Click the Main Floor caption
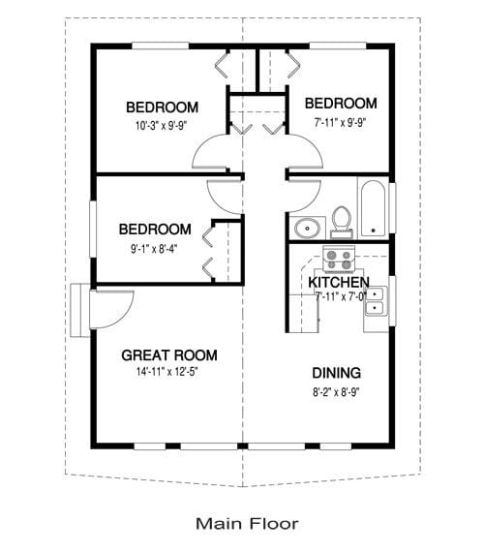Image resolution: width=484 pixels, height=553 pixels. (x=247, y=524)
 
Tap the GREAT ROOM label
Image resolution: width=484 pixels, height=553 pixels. (x=168, y=355)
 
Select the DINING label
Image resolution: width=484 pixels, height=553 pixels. (x=337, y=373)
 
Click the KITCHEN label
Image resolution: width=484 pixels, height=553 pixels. (x=338, y=282)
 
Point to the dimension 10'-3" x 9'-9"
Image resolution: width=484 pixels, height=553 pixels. (x=162, y=124)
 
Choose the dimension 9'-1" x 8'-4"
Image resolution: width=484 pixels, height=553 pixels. (x=155, y=247)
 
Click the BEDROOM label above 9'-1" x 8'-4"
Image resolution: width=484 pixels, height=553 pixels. (x=155, y=230)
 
